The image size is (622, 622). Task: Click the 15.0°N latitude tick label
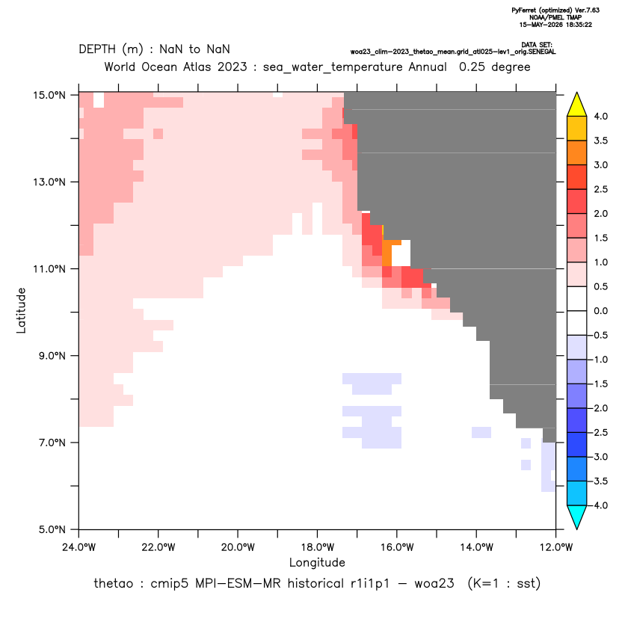[x=49, y=95]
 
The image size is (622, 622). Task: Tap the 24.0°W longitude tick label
[x=79, y=547]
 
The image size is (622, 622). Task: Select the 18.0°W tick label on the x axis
[x=317, y=547]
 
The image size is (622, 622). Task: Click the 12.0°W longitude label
[x=555, y=547]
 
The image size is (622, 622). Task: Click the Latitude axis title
[x=21, y=310]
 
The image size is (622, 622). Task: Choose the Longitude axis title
[x=317, y=563]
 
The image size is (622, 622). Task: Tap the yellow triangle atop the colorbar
[x=577, y=105]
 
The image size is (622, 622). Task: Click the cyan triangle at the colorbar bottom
[x=577, y=517]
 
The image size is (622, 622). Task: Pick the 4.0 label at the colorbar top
[x=600, y=116]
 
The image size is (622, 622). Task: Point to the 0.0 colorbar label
[x=600, y=311]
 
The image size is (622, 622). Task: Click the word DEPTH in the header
[x=97, y=49]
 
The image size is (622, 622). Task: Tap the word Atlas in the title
[x=196, y=67]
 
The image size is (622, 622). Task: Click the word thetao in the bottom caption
[x=113, y=584]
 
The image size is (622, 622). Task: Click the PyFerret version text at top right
[x=555, y=10]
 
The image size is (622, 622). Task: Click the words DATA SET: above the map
[x=536, y=45]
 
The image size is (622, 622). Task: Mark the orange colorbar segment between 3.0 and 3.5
[x=577, y=153]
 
